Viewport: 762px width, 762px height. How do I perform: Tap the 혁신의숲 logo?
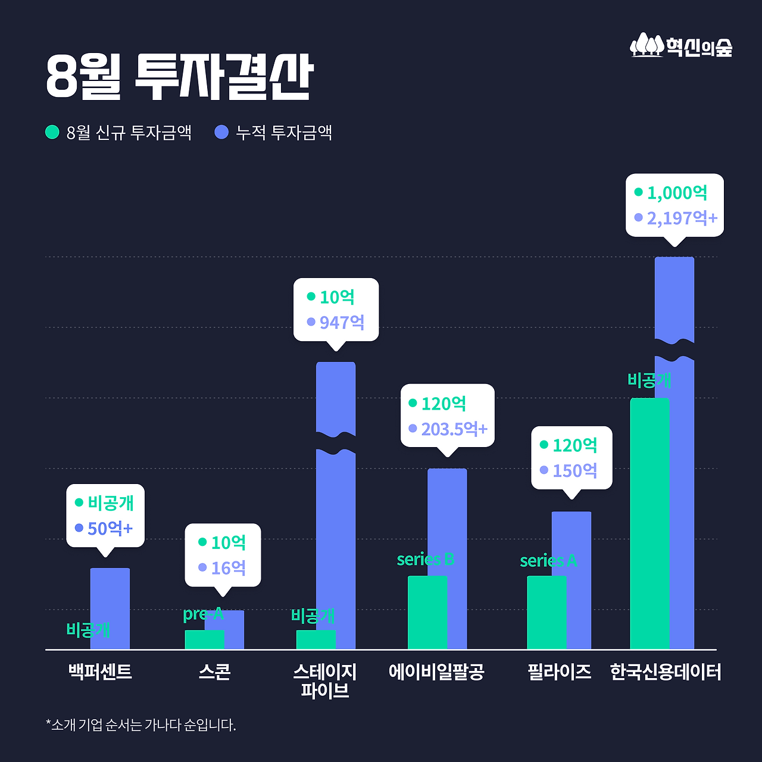click(x=681, y=46)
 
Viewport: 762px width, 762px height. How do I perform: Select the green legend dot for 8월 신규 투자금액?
click(x=52, y=132)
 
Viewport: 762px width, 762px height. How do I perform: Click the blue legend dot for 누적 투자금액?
click(x=221, y=132)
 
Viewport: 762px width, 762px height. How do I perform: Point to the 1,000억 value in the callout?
click(x=677, y=193)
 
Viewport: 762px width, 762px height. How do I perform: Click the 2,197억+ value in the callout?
click(x=682, y=218)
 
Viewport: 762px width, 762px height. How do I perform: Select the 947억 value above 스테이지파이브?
click(x=342, y=323)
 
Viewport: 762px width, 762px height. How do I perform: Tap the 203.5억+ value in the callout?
click(x=454, y=429)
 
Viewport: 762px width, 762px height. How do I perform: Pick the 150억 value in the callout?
click(x=575, y=471)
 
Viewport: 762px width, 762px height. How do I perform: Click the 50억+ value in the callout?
click(x=110, y=529)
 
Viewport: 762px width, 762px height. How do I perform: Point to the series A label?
click(x=548, y=561)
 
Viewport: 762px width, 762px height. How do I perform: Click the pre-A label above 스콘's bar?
click(x=203, y=614)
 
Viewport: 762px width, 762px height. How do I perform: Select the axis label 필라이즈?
click(x=559, y=672)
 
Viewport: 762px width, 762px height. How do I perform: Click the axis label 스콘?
click(x=214, y=672)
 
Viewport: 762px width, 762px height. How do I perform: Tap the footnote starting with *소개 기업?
click(x=141, y=725)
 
